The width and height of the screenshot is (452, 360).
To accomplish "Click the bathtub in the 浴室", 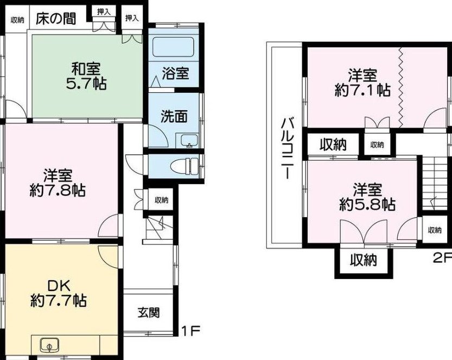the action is click(x=173, y=47).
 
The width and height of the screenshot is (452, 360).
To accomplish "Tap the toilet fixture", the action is click(x=184, y=167).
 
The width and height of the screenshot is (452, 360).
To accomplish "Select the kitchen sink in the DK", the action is click(x=49, y=345).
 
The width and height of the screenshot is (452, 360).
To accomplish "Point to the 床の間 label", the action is click(x=56, y=19).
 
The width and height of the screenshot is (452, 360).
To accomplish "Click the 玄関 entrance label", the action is click(x=149, y=313).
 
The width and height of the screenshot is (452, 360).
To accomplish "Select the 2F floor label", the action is click(x=442, y=258).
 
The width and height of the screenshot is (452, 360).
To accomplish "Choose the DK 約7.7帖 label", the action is click(x=59, y=293).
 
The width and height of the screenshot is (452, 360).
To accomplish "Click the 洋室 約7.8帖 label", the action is click(x=58, y=182).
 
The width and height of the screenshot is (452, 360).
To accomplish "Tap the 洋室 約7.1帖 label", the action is click(x=362, y=83).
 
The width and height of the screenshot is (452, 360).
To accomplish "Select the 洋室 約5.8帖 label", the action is click(x=367, y=197).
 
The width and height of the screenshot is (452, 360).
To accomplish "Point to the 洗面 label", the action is click(x=174, y=116).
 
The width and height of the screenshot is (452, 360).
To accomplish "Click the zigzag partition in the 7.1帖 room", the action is click(x=400, y=86).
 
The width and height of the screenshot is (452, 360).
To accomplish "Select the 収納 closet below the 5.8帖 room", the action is click(x=364, y=261).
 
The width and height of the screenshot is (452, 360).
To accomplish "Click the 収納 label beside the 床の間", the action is click(x=17, y=20).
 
